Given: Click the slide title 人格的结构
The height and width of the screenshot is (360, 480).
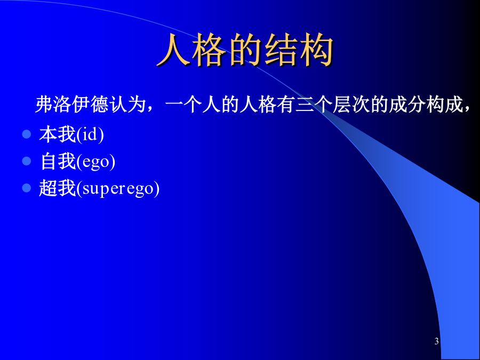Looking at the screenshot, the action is tap(245, 50).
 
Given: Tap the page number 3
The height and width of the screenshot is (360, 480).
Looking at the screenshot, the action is tap(436, 341).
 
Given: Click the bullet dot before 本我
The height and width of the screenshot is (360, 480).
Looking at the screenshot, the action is tap(27, 134).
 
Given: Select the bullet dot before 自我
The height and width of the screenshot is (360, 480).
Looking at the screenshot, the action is tap(27, 161).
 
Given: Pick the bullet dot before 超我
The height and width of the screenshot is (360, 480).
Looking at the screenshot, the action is tap(27, 188).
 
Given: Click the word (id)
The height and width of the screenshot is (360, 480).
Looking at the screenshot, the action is tap(90, 135).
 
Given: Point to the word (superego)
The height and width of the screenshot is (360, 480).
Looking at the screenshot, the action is tap(118, 189).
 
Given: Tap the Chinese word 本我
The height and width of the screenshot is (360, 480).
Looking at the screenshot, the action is tap(58, 134).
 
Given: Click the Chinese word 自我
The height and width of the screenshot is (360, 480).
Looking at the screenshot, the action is tap(58, 161).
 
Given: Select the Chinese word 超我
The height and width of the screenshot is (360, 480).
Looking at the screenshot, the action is tap(58, 188).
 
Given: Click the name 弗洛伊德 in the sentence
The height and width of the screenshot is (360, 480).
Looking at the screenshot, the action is tap(72, 105).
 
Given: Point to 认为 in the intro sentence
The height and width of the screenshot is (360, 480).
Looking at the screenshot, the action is tap(127, 105).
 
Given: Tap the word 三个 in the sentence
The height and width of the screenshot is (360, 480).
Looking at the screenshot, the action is tap(314, 105).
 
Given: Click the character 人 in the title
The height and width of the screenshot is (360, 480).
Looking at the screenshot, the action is tap(173, 50).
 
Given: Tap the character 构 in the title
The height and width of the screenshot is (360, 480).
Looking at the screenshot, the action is tap(316, 50).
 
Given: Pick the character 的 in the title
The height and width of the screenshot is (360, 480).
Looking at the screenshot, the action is tap(245, 50).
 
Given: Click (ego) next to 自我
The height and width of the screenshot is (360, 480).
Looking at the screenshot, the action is tap(96, 162).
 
